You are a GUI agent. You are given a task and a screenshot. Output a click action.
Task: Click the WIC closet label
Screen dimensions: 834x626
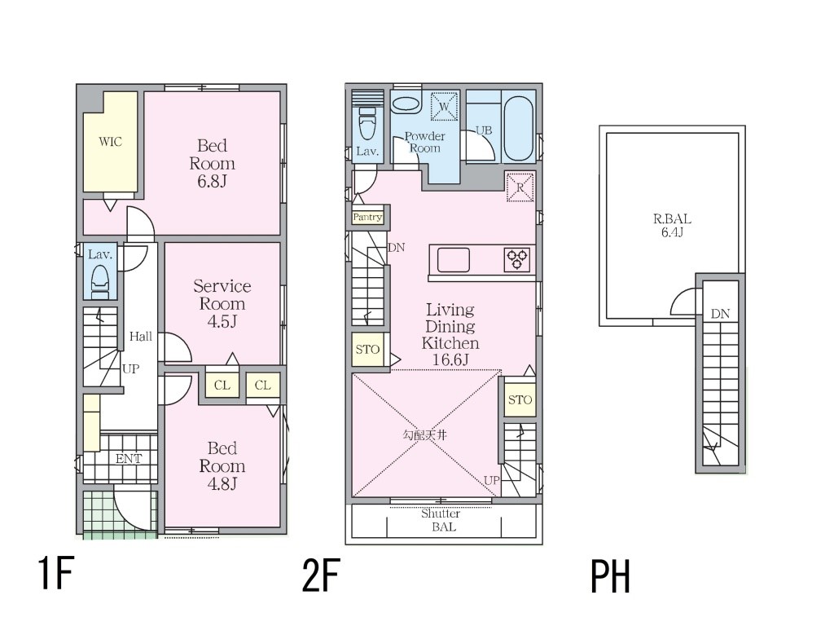click(110, 142)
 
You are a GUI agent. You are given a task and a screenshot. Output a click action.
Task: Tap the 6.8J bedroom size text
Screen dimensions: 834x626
click(213, 182)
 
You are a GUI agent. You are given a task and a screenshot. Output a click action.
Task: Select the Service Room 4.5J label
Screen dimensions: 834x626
click(222, 303)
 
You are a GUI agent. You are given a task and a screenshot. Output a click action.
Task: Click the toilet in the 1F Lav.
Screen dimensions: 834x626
click(100, 280)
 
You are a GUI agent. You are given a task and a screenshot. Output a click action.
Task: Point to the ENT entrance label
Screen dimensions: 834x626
click(129, 458)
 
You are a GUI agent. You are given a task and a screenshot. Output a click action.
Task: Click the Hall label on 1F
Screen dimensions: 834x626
click(140, 336)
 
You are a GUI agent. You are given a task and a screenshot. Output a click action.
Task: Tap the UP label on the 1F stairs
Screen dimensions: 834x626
click(130, 368)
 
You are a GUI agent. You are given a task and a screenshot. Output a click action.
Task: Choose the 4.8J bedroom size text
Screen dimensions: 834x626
click(222, 484)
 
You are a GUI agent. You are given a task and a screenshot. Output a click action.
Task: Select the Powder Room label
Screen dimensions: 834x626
click(425, 142)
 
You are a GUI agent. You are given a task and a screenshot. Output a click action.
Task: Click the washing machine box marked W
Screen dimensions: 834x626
click(444, 107)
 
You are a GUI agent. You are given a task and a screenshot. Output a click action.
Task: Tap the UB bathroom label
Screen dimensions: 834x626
click(484, 130)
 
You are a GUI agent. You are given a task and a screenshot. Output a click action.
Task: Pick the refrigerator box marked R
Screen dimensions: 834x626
click(520, 187)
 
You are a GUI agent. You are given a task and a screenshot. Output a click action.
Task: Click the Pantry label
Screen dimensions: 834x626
click(367, 217)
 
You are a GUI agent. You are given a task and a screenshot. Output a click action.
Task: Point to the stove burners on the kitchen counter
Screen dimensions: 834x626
click(517, 260)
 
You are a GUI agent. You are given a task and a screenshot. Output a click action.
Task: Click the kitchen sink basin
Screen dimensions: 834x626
click(453, 260)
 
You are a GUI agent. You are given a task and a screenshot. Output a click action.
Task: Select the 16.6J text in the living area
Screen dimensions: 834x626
click(450, 359)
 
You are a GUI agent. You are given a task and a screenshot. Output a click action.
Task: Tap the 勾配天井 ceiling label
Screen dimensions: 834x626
click(424, 435)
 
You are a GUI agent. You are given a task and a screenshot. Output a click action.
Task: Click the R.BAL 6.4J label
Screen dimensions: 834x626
click(672, 225)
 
